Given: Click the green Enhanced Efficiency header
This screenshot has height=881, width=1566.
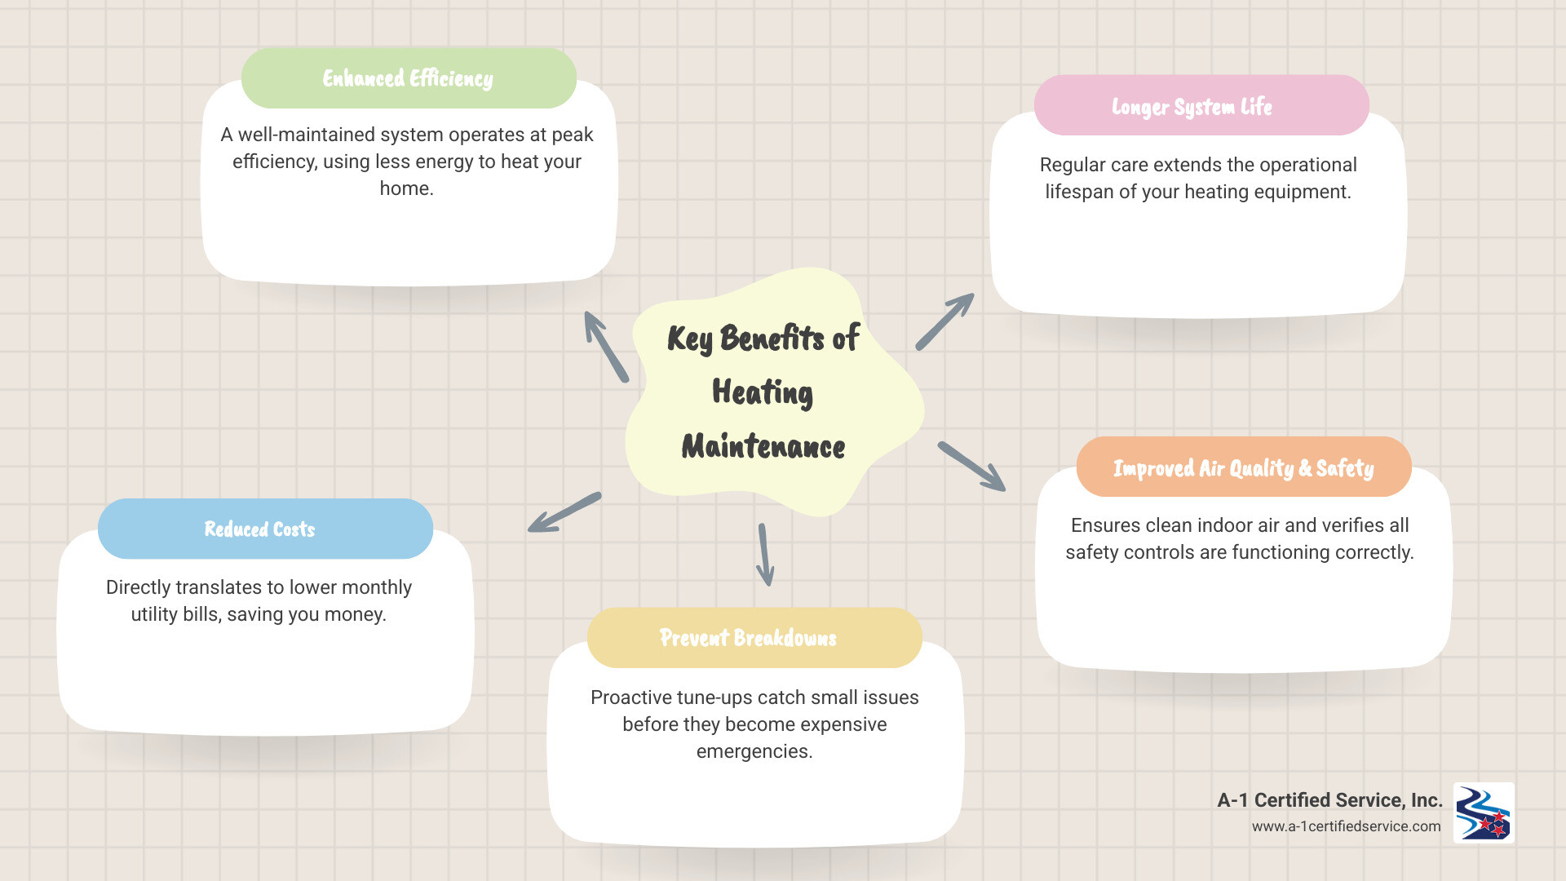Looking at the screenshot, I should pyautogui.click(x=409, y=78).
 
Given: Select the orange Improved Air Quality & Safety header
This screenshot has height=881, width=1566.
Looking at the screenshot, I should pyautogui.click(x=1243, y=467).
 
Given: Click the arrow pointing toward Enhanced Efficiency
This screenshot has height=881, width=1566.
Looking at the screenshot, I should pyautogui.click(x=606, y=347).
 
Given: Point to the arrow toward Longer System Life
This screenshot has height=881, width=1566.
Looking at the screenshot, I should pyautogui.click(x=944, y=321).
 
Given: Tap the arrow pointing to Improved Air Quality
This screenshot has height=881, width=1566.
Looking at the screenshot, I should pyautogui.click(x=971, y=467).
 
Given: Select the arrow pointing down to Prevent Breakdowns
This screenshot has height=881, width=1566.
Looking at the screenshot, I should pyautogui.click(x=764, y=555).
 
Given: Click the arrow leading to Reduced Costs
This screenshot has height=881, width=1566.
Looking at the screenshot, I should pyautogui.click(x=564, y=512).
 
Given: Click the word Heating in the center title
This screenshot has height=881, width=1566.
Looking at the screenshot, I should pyautogui.click(x=763, y=392).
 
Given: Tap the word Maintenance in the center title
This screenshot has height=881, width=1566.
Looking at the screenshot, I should pyautogui.click(x=763, y=446).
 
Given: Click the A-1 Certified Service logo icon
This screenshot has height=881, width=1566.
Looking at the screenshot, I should pyautogui.click(x=1484, y=812).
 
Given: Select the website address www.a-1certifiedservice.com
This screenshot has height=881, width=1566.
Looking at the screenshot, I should pyautogui.click(x=1346, y=826).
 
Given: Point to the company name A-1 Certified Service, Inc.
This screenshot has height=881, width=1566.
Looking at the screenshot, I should pyautogui.click(x=1329, y=800).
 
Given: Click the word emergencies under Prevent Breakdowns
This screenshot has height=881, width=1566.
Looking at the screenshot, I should pyautogui.click(x=754, y=751).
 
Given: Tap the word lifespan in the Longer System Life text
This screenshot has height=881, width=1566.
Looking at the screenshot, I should pyautogui.click(x=1079, y=192).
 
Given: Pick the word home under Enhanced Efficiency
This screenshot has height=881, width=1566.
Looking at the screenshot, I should pyautogui.click(x=405, y=188).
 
